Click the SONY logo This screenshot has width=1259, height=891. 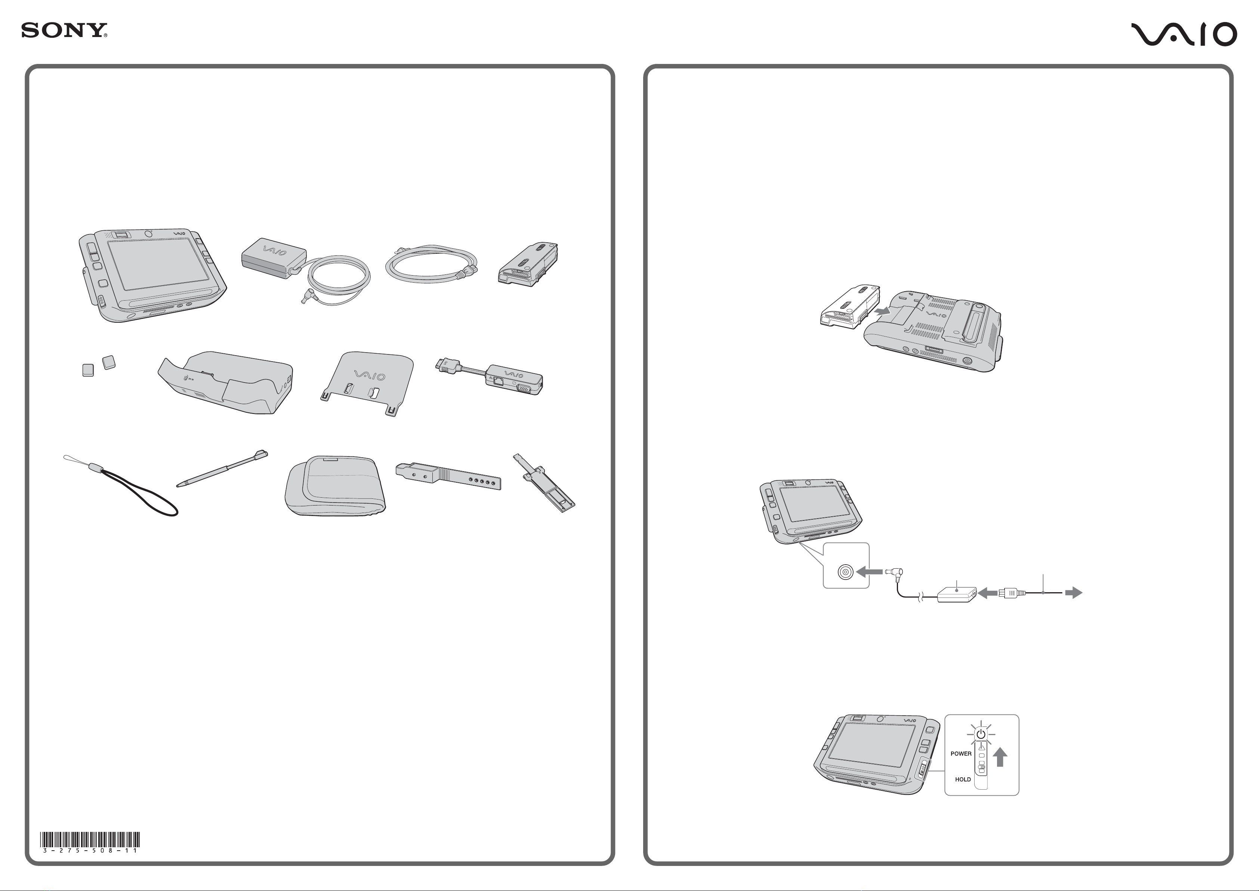[x=64, y=30]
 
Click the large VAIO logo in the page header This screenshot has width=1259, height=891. [x=1184, y=34]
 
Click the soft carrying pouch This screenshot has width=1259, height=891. [x=335, y=485]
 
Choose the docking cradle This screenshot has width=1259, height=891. [x=225, y=382]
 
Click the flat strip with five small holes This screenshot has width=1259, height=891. [x=448, y=475]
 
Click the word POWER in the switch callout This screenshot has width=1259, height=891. [x=961, y=754]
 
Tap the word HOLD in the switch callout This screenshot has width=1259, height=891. [x=963, y=779]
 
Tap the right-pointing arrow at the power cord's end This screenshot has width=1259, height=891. [x=1074, y=593]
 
